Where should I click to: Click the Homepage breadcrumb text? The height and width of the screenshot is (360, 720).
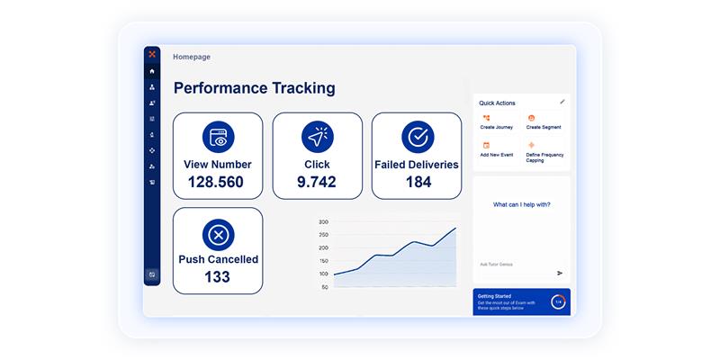[x=192, y=57]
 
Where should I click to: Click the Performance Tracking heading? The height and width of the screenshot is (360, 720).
[x=254, y=88]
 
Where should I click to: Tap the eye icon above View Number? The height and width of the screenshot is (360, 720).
[x=218, y=137]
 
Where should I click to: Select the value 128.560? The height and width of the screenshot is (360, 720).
[x=217, y=182]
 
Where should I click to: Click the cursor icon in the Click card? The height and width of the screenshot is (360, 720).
[x=318, y=137]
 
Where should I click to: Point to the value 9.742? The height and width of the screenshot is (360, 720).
[x=317, y=182]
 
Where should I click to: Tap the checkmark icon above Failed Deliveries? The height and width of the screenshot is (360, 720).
[x=417, y=137]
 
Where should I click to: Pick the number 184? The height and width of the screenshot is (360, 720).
[x=417, y=182]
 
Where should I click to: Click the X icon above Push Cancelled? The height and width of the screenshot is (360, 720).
[x=218, y=235]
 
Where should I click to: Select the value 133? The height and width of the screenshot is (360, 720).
[x=217, y=276]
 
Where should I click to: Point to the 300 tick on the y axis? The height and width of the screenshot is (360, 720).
[x=323, y=221]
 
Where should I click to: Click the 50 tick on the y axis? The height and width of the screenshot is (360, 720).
[x=325, y=287]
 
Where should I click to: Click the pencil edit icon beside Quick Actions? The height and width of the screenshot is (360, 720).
[x=562, y=102]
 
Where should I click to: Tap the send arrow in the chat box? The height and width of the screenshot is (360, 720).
[x=560, y=273]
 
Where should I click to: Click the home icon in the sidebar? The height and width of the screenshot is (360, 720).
[x=152, y=71]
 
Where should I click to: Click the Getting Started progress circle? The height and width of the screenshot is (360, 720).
[x=558, y=301]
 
